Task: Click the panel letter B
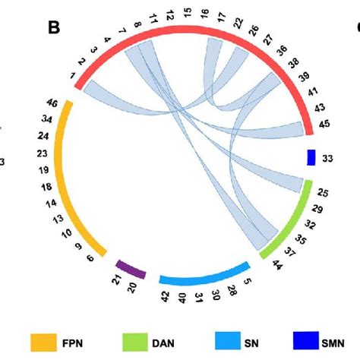(x=54, y=28)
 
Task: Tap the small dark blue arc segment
(x=311, y=157)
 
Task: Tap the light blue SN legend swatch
(x=225, y=339)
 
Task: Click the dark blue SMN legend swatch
(x=307, y=339)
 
